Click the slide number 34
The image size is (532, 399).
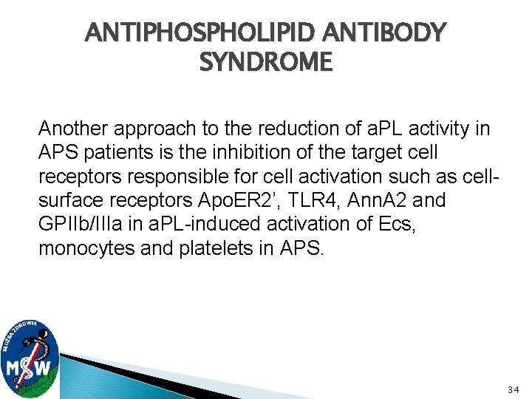click(x=514, y=389)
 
